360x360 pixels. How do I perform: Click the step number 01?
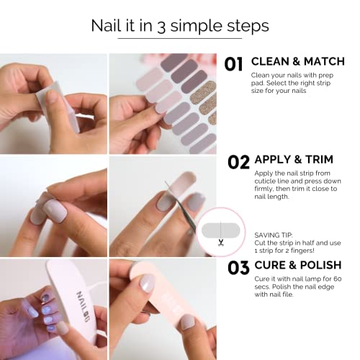coord(234,64)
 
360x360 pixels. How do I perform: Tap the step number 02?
coord(238,161)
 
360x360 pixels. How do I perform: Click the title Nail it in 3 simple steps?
coord(179,26)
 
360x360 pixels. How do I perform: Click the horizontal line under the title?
coord(179,37)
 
